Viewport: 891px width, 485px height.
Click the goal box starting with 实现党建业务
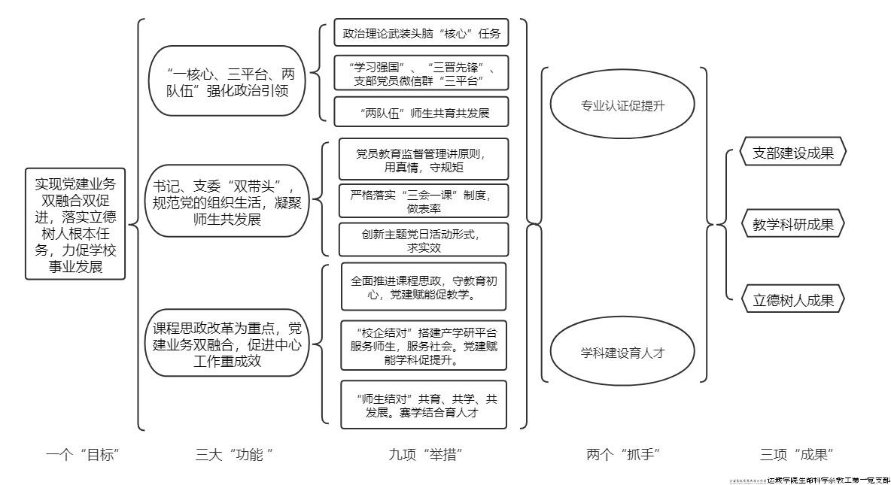tap(75, 225)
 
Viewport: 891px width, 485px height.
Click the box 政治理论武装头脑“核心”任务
tap(421, 34)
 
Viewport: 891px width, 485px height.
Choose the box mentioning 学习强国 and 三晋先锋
tap(421, 72)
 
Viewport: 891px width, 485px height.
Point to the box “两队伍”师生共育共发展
tap(421, 113)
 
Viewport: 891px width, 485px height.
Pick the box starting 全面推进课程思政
tap(424, 287)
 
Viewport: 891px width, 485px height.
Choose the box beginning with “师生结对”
tap(424, 405)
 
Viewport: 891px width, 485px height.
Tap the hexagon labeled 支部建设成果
tap(793, 153)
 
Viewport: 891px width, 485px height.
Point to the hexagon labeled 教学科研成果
tap(793, 224)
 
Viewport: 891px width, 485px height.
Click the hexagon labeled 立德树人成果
tap(793, 300)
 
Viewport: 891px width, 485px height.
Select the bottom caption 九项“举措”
tap(425, 454)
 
